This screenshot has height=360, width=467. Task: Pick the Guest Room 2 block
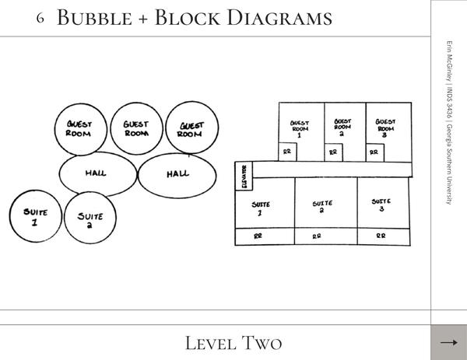pos(343,124)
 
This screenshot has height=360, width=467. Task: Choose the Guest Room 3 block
pos(385,124)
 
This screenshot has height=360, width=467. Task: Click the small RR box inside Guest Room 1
pos(287,152)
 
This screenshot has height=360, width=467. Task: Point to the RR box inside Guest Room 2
pos(332,152)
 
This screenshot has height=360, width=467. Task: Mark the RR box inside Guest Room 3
pos(374,152)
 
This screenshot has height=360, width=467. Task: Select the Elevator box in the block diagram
pos(244,177)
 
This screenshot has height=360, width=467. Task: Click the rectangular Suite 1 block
pos(264,204)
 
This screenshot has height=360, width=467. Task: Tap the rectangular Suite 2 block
pos(324,204)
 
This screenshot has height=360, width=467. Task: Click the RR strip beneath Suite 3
pos(381,236)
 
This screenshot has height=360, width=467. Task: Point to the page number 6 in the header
pos(40,18)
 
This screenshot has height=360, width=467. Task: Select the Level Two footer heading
pos(233,343)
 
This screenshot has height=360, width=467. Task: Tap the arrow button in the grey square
pos(448,342)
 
